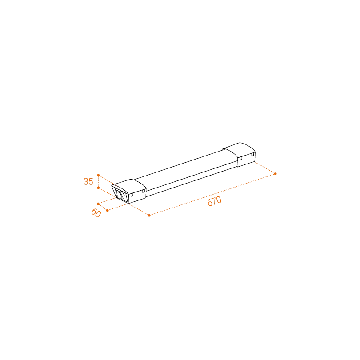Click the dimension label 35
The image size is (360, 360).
pyautogui.click(x=88, y=181)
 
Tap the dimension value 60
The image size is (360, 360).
pyautogui.click(x=96, y=213)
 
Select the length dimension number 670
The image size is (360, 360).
pyautogui.click(x=214, y=201)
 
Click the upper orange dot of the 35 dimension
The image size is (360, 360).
pyautogui.click(x=98, y=175)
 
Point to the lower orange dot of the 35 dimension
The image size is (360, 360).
pyautogui.click(x=98, y=188)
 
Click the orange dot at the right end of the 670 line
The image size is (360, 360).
pyautogui.click(x=276, y=174)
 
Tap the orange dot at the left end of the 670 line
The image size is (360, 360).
pyautogui.click(x=149, y=216)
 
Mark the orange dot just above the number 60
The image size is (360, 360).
pyautogui.click(x=98, y=204)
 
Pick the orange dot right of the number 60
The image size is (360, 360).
pyautogui.click(x=108, y=211)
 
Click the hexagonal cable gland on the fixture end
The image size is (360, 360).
pyautogui.click(x=120, y=195)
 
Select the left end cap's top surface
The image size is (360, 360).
pyautogui.click(x=129, y=185)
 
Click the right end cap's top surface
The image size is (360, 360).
pyautogui.click(x=239, y=149)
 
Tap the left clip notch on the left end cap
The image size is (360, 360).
pyautogui.click(x=132, y=195)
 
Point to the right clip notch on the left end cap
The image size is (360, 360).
pyautogui.click(x=144, y=191)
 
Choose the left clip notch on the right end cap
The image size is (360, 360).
pyautogui.click(x=241, y=158)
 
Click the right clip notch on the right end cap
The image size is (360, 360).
pyautogui.click(x=252, y=155)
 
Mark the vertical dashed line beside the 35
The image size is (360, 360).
pyautogui.click(x=98, y=181)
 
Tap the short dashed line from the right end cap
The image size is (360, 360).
pyautogui.click(x=265, y=168)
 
